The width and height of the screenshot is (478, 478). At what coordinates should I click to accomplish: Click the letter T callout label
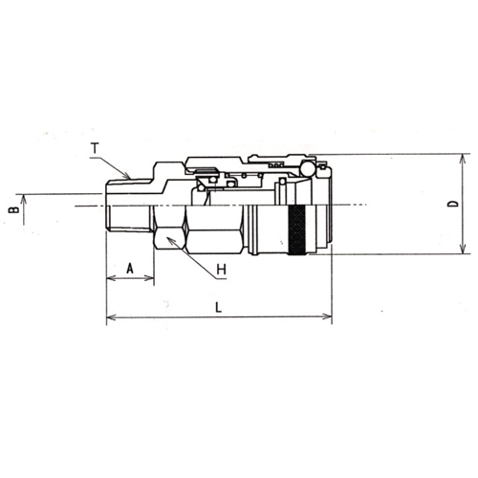pyautogui.click(x=95, y=148)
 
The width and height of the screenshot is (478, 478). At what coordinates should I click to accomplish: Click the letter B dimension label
pyautogui.click(x=13, y=210)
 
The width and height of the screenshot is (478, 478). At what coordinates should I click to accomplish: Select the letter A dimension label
pyautogui.click(x=130, y=268)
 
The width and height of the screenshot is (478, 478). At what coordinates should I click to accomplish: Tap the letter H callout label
pyautogui.click(x=222, y=270)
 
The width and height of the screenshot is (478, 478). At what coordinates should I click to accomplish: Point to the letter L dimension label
pyautogui.click(x=218, y=308)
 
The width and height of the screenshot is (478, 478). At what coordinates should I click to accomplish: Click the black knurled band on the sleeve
pyautogui.click(x=297, y=230)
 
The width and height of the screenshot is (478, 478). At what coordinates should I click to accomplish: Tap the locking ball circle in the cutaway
pyautogui.click(x=308, y=169)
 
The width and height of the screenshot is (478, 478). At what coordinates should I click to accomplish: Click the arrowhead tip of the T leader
pyautogui.click(x=130, y=178)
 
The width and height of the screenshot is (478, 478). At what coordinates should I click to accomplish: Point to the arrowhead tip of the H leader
pyautogui.click(x=166, y=237)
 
